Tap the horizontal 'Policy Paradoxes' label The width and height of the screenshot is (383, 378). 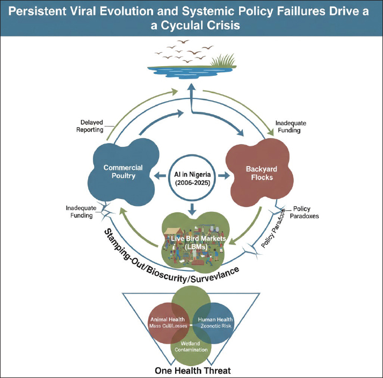(306, 212)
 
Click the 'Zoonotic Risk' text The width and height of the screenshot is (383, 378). (219, 326)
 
